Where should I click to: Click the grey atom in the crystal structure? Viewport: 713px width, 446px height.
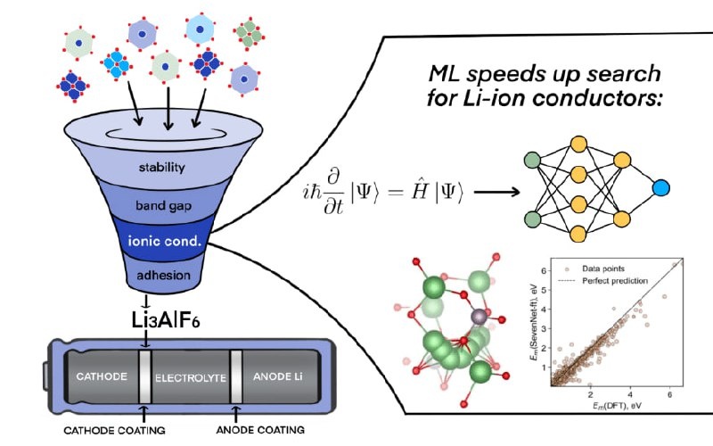coord(476,317)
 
